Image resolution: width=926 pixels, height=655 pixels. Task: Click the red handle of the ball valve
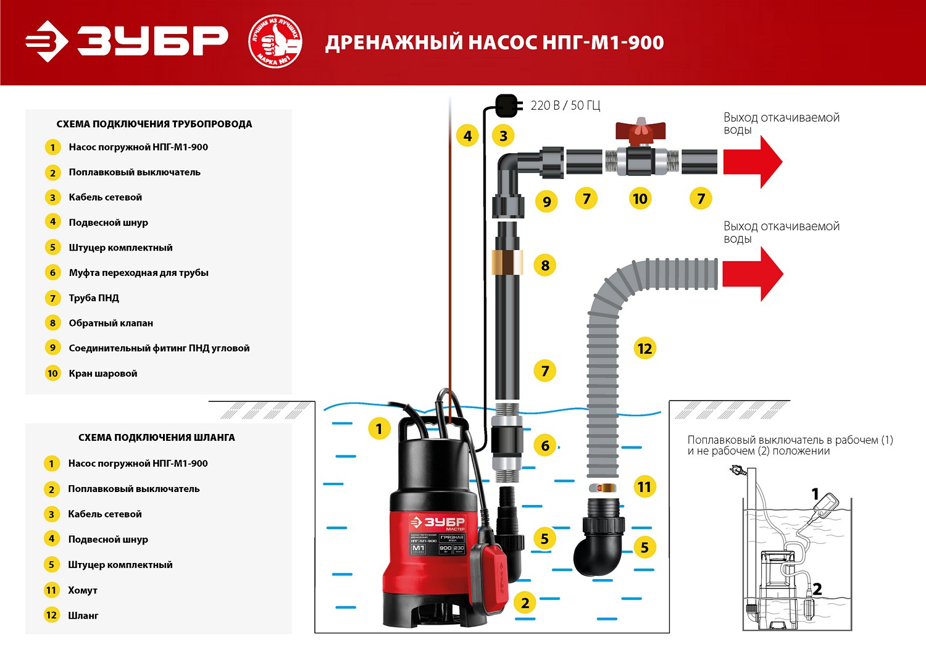click(x=640, y=131)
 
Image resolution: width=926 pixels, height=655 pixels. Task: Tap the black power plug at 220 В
click(x=506, y=106)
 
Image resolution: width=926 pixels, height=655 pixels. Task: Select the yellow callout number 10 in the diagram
click(x=640, y=199)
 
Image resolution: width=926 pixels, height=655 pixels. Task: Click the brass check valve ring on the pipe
click(x=507, y=262)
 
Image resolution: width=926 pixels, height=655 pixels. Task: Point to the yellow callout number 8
click(x=544, y=265)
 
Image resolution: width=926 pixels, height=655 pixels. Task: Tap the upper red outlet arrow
click(x=752, y=162)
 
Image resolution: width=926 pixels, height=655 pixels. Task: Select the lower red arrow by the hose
click(x=752, y=273)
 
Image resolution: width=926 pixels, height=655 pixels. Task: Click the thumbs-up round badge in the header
click(x=275, y=42)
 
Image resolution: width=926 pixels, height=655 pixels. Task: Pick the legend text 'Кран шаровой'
click(x=103, y=373)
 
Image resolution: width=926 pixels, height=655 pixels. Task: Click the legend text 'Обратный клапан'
click(x=111, y=323)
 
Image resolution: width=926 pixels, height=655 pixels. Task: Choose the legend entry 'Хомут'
click(x=83, y=590)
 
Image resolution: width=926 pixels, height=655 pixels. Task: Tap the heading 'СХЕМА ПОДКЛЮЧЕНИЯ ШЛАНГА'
click(x=156, y=437)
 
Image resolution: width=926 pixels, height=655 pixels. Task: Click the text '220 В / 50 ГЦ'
click(x=565, y=106)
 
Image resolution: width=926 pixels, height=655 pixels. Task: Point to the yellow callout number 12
click(x=644, y=349)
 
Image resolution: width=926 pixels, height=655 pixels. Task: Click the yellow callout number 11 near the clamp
click(x=644, y=487)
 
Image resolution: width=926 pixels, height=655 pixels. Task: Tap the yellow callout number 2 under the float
click(x=525, y=603)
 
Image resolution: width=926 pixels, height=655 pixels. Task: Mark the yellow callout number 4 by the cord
click(x=467, y=136)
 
